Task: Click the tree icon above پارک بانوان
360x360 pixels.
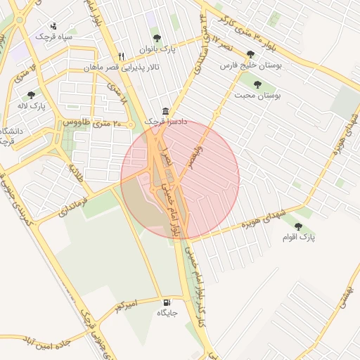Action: click(x=155, y=39)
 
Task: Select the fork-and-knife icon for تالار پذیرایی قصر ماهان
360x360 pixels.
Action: click(x=122, y=57)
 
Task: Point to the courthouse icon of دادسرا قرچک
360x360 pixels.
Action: click(x=165, y=112)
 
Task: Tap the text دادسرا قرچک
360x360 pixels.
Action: click(x=166, y=122)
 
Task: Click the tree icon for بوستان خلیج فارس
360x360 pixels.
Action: click(x=251, y=54)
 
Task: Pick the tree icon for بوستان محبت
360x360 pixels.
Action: click(x=257, y=84)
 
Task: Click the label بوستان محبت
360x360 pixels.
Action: click(x=258, y=96)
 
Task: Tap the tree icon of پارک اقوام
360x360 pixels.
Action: click(x=299, y=226)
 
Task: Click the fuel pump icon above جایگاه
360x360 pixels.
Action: click(x=167, y=302)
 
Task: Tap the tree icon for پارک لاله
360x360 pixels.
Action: click(x=30, y=94)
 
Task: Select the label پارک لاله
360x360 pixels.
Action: click(x=32, y=105)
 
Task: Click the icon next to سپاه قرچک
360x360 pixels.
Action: click(x=54, y=27)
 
